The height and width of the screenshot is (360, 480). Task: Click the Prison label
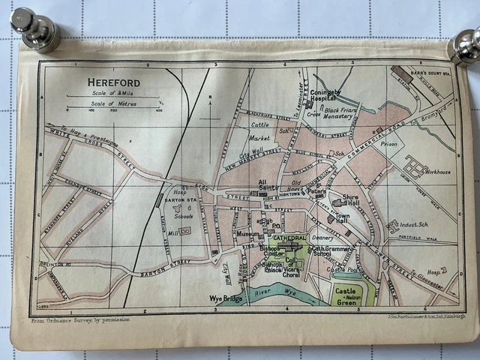point(388,144)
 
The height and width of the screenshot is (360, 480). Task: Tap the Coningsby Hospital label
point(325,95)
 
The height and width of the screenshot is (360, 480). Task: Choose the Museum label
point(247,234)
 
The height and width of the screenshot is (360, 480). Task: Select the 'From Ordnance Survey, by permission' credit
point(80,319)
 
